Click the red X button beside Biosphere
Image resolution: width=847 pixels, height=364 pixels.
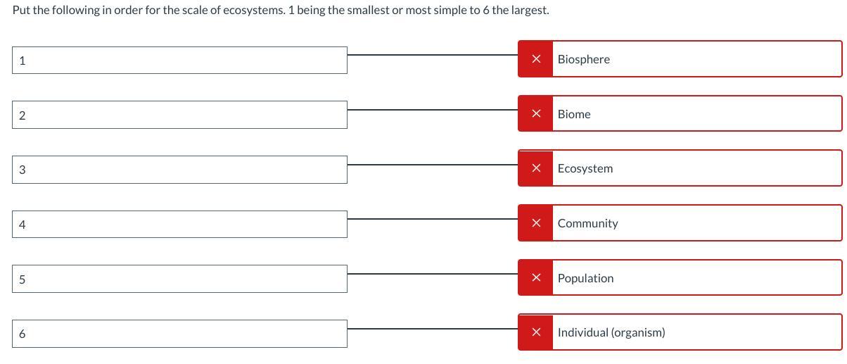535,59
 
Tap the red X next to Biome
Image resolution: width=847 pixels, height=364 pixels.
535,113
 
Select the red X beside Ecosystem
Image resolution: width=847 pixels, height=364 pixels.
535,168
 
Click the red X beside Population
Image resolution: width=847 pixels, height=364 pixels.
535,277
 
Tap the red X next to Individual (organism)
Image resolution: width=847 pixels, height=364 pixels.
535,332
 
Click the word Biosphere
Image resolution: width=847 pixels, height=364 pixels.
583,59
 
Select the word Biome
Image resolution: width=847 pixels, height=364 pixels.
574,114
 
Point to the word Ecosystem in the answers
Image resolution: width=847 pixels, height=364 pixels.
585,168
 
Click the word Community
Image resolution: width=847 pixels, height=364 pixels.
587,223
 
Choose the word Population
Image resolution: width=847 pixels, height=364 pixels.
585,278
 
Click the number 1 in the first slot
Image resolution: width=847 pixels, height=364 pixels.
23,61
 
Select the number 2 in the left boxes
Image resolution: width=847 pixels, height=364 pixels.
23,115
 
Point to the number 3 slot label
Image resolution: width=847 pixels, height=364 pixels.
23,170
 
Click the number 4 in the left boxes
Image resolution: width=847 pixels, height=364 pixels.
23,225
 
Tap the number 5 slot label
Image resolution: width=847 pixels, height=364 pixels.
23,280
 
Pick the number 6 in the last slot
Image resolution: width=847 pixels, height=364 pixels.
23,334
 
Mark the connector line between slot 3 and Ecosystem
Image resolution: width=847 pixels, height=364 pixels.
433,165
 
